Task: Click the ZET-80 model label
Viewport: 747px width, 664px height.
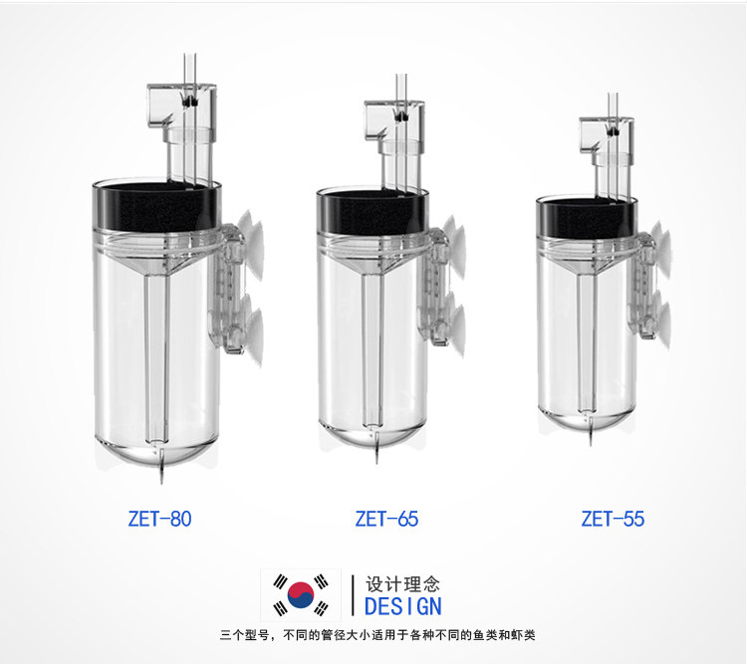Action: [x=159, y=519]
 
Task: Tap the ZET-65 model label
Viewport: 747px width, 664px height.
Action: [x=386, y=519]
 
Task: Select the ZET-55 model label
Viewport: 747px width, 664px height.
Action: [x=613, y=519]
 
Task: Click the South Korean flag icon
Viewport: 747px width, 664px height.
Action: [x=301, y=595]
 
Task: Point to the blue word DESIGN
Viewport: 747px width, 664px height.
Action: [x=403, y=606]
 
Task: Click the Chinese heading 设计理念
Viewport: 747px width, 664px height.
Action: [x=402, y=584]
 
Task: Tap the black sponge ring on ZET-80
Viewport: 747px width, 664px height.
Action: [x=156, y=205]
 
